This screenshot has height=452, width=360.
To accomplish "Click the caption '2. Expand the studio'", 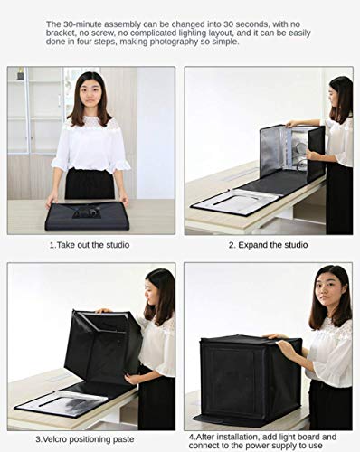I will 268,244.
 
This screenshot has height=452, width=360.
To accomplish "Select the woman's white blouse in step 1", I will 89,145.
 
